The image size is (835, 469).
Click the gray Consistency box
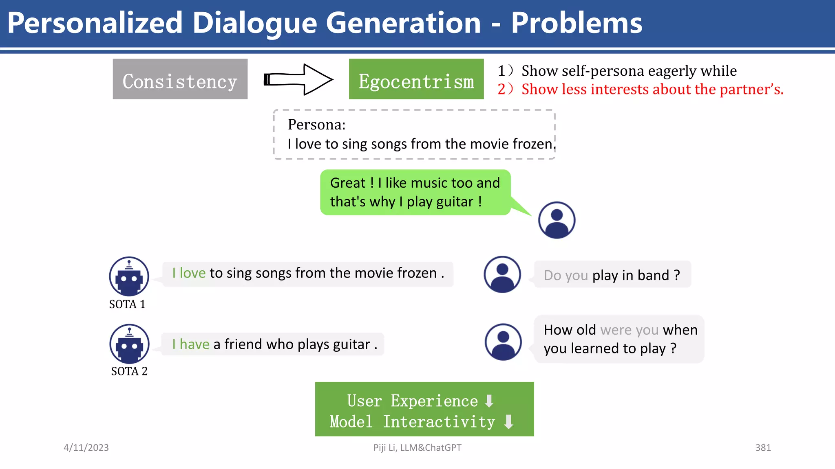coord(180,79)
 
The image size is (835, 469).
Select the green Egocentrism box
coord(416,79)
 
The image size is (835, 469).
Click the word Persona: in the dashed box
coord(316,125)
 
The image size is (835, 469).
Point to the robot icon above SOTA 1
coord(129,276)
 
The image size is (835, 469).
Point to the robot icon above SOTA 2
coord(129,344)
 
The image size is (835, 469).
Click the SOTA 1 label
coord(127,304)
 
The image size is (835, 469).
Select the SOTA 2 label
coord(129,371)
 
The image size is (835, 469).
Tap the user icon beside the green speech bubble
coord(557,220)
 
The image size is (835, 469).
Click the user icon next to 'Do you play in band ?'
coord(502,274)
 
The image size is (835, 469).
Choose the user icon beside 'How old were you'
coord(503,342)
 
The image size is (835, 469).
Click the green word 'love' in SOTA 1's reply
coord(192,273)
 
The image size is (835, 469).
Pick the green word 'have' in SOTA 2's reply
coord(194,344)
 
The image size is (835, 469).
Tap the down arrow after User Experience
coord(489,401)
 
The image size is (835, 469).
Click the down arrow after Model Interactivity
coord(508,422)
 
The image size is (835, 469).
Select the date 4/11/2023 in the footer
coord(86,447)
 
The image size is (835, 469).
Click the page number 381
coord(763,447)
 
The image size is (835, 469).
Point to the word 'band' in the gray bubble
coord(653,276)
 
